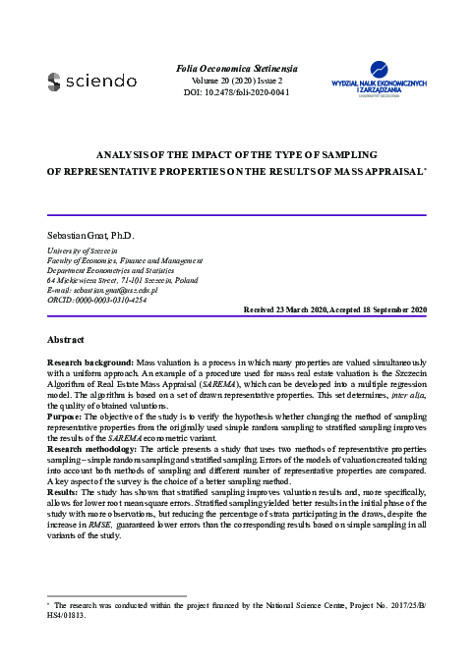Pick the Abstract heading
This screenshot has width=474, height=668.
click(x=67, y=339)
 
